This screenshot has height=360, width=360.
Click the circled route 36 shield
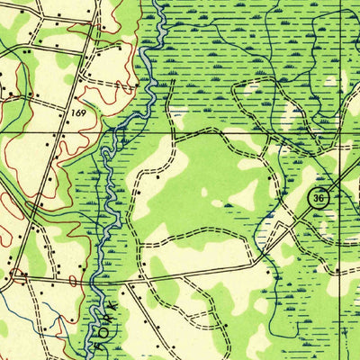(318, 197)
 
